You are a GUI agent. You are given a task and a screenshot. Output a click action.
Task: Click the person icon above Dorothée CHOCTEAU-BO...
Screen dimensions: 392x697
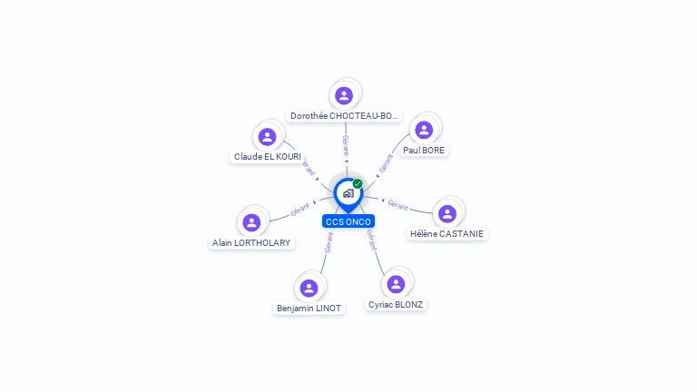click(x=343, y=95)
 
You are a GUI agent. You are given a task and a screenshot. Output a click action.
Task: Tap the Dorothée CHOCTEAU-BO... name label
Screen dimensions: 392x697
click(x=344, y=116)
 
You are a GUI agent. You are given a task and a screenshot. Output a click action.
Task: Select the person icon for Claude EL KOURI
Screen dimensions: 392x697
click(x=267, y=137)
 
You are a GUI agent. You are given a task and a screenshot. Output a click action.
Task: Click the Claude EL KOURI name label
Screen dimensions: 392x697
click(x=267, y=157)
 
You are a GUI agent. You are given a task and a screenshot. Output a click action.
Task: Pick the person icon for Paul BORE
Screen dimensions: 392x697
click(x=424, y=130)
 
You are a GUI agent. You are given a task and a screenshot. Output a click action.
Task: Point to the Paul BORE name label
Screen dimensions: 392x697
click(x=424, y=150)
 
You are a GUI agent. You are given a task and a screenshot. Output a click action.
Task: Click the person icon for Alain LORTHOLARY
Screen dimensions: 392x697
click(x=251, y=222)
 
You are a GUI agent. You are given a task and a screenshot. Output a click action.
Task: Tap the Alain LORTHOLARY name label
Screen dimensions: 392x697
click(x=251, y=243)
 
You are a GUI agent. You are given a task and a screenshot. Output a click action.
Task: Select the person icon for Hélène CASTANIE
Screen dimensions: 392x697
click(x=447, y=213)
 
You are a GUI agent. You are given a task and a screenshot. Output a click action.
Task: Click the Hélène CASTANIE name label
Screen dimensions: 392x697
click(x=447, y=234)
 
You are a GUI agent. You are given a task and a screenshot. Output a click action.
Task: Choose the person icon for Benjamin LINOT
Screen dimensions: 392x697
click(x=309, y=288)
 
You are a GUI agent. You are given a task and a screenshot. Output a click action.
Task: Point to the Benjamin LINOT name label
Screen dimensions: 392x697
click(x=309, y=309)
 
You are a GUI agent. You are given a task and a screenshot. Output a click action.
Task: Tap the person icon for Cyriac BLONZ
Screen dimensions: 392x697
click(x=396, y=284)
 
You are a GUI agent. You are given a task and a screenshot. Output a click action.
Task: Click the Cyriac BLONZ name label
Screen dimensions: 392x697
click(x=396, y=305)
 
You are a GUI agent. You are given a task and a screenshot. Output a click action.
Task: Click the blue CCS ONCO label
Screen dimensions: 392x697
click(x=348, y=221)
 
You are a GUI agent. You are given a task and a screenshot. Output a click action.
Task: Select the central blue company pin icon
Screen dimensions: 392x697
click(x=347, y=193)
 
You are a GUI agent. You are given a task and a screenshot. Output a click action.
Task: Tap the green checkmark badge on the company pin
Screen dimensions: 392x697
click(x=358, y=183)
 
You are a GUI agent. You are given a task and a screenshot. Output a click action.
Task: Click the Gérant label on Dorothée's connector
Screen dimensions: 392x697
click(x=345, y=146)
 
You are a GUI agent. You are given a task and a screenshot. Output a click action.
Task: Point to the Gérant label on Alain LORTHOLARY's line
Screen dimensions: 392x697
click(x=300, y=211)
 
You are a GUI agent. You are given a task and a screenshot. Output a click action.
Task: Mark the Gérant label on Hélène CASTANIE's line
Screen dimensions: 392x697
click(x=398, y=204)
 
